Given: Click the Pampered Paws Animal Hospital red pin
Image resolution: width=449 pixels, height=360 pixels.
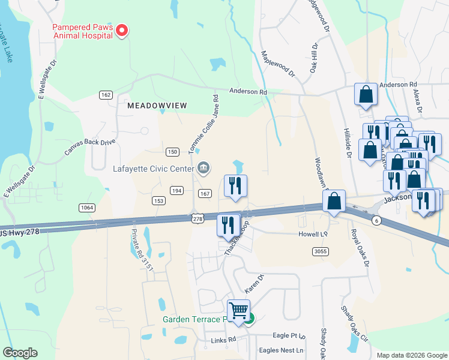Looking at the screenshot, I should click(x=122, y=30).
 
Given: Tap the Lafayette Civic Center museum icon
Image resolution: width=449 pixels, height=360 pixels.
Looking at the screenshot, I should click(x=203, y=167).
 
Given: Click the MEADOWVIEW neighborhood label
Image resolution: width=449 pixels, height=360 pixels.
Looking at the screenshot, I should click(x=157, y=105).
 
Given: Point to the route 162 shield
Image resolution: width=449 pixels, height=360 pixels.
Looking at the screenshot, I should click(x=106, y=95).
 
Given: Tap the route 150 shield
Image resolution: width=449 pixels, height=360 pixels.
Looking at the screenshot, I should click(x=172, y=152).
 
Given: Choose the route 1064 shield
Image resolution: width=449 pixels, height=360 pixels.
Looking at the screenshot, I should click(x=87, y=207).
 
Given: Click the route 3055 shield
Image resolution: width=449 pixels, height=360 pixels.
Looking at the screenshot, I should click(x=321, y=251).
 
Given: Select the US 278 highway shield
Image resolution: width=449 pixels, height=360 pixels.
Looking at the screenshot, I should click(x=196, y=220).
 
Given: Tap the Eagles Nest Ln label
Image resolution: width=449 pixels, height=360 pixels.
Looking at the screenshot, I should click(x=281, y=350).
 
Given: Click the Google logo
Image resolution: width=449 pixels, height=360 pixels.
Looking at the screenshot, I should click(x=20, y=353).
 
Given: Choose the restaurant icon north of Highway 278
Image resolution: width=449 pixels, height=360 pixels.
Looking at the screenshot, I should click(x=235, y=185).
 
